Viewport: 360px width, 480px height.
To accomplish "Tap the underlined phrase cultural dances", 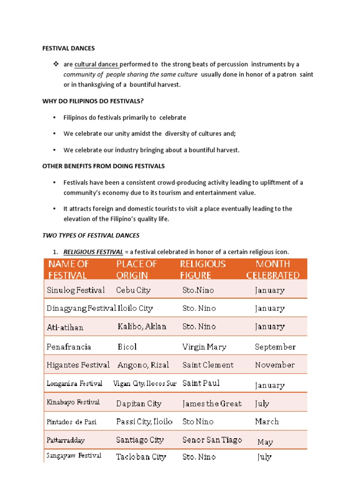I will (97, 64).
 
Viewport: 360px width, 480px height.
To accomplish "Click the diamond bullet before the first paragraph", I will (54, 64).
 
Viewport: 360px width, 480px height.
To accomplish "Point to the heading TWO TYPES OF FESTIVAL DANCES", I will (91, 235).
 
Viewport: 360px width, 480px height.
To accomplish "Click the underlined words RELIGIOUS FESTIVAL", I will (93, 252).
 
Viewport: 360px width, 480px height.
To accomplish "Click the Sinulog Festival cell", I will (76, 290).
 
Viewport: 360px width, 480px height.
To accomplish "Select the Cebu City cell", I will (133, 290).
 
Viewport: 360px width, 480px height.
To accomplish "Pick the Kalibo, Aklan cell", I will (142, 327).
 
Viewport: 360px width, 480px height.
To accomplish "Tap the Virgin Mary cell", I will (204, 347).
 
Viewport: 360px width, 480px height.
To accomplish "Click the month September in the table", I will (275, 347).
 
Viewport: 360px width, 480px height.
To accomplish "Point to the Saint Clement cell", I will (208, 365).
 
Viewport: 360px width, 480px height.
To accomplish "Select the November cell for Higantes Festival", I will (275, 365).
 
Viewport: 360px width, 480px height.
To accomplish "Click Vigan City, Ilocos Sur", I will (145, 383).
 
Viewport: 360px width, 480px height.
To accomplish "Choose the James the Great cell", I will (212, 403).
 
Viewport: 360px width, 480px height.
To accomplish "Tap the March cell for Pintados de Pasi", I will (267, 421).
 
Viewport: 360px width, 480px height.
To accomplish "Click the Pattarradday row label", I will (66, 441).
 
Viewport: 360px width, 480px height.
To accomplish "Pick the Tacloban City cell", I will (141, 457).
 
